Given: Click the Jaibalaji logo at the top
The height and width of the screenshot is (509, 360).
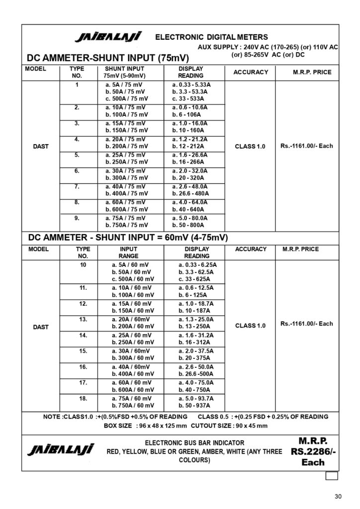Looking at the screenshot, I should (x=108, y=37).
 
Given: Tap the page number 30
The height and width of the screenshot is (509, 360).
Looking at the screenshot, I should (x=339, y=496).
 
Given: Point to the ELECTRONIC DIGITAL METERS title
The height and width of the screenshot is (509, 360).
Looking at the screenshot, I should (x=211, y=37).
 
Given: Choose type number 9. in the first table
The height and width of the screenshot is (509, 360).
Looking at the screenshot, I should (x=77, y=217).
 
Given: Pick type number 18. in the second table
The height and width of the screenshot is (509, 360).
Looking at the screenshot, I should (x=83, y=398).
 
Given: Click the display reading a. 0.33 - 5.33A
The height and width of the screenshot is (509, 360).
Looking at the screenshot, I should (x=191, y=85).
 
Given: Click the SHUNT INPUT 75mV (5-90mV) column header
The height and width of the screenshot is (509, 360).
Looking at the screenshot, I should (x=124, y=72).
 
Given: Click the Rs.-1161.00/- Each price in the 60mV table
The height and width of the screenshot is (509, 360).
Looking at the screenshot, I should (x=306, y=324).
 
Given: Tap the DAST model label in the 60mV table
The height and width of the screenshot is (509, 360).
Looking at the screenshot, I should (x=41, y=327).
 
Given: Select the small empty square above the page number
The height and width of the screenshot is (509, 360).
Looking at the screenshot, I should (x=332, y=476).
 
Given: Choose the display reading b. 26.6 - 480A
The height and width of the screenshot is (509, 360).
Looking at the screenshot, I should (x=190, y=193).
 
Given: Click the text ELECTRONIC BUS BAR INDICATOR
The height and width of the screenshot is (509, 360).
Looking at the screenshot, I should (x=194, y=442).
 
